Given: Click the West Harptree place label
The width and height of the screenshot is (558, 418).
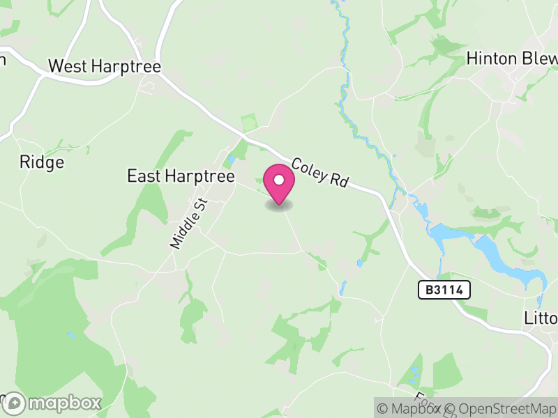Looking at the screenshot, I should [105, 67].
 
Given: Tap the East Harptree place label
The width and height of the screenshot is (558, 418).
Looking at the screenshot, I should [181, 176].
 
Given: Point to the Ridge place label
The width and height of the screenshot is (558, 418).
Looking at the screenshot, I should [42, 162].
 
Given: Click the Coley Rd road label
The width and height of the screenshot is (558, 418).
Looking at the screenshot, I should [319, 172].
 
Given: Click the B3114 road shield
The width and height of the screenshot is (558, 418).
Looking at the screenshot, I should [444, 290].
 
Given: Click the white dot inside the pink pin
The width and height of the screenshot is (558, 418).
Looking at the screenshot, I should [279, 180].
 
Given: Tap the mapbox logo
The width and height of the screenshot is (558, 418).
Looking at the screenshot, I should [53, 403].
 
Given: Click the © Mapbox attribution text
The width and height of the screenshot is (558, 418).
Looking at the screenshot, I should [412, 409].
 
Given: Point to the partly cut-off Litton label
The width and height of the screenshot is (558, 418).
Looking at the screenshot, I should [541, 318].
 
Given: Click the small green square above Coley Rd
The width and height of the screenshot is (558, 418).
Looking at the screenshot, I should [249, 123].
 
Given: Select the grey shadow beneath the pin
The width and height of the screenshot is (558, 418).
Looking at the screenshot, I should [279, 206].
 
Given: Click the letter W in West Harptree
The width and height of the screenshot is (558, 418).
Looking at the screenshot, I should [56, 67].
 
